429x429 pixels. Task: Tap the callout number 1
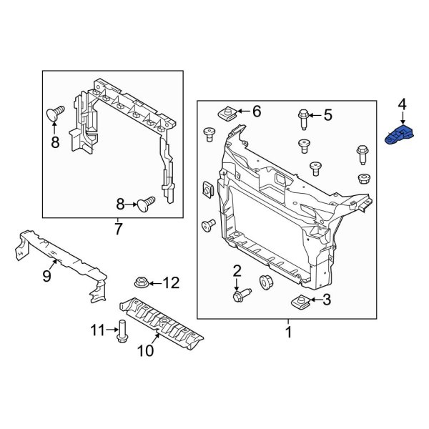289,332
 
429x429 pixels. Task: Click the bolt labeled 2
240,293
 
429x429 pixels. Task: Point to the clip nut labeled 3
300,301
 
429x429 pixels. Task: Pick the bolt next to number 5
303,117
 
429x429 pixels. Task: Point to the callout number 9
46,276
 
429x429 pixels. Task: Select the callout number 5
327,114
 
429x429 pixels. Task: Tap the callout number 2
237,270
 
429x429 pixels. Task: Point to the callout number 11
97,330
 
